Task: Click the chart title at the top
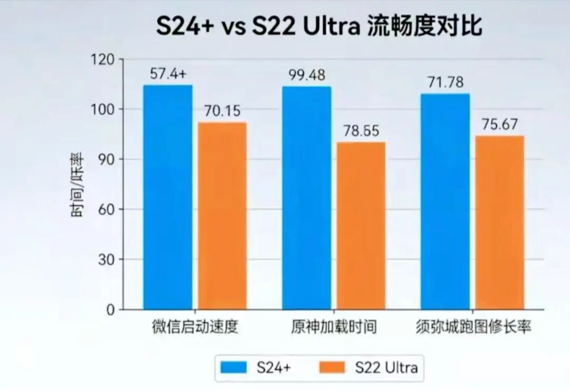(x=319, y=25)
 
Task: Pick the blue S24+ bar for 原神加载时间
(x=307, y=198)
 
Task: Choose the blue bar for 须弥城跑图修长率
(x=445, y=201)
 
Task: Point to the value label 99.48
(x=307, y=75)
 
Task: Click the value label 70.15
(x=222, y=112)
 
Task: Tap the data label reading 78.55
(x=361, y=131)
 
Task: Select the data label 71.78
(x=445, y=82)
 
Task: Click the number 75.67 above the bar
(x=499, y=125)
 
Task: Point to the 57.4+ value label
(x=168, y=75)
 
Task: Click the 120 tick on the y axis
(x=104, y=60)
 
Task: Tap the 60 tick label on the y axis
(x=107, y=209)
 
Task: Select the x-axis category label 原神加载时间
(x=334, y=327)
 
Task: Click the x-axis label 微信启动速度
(x=195, y=327)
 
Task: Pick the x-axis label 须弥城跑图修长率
(x=472, y=327)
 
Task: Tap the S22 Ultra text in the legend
(x=386, y=367)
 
